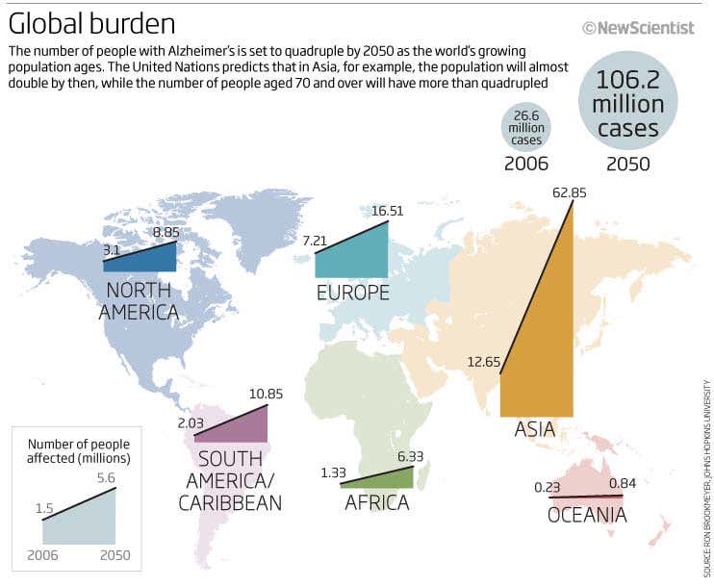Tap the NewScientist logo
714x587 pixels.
[638, 28]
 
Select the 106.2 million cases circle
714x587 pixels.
[627, 103]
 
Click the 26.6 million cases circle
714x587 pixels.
[526, 127]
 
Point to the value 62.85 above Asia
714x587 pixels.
[569, 192]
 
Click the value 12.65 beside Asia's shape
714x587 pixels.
[481, 362]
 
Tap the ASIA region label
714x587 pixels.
[535, 428]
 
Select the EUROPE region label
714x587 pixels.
[352, 293]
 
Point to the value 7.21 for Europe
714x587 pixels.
[316, 240]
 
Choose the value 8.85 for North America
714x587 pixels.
[166, 232]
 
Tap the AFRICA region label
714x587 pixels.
[376, 502]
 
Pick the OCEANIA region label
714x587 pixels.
[587, 516]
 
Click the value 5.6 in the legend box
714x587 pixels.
[107, 475]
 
